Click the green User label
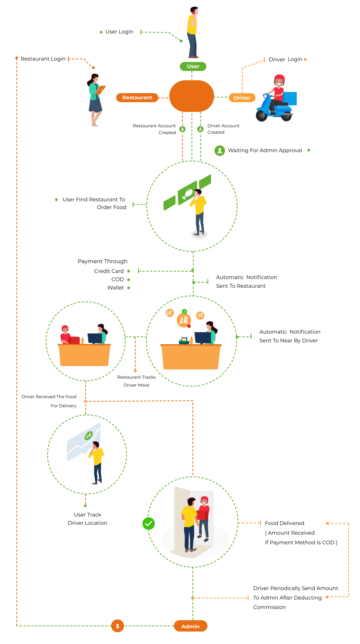click(x=193, y=66)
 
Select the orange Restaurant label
click(x=137, y=97)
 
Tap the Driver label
click(x=242, y=98)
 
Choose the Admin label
click(x=190, y=626)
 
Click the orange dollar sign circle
click(x=117, y=626)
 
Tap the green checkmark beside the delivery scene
click(x=149, y=524)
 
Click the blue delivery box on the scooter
click(x=290, y=99)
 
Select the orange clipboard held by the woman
click(x=101, y=90)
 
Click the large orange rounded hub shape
click(x=192, y=96)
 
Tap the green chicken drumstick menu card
click(x=187, y=192)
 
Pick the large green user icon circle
click(x=220, y=150)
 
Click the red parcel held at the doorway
click(x=201, y=515)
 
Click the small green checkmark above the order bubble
click(x=184, y=311)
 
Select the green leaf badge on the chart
click(x=89, y=436)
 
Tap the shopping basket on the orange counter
click(x=184, y=341)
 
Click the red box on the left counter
click(x=74, y=340)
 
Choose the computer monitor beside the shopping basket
click(x=202, y=337)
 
